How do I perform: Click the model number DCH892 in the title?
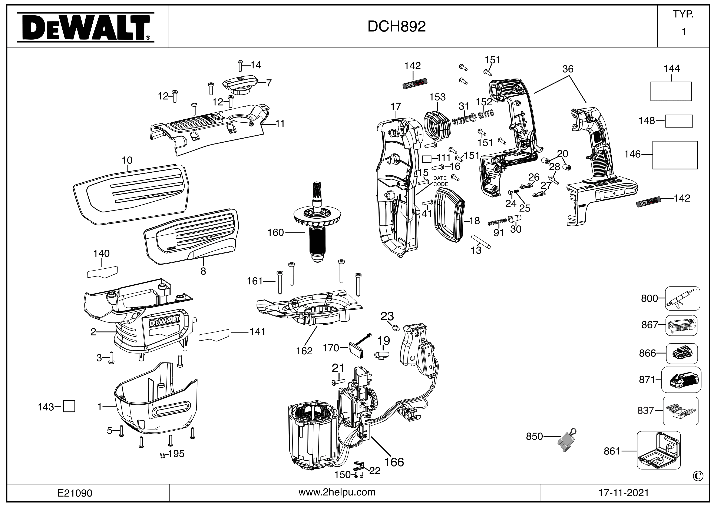pos(397,27)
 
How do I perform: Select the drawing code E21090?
pos(75,493)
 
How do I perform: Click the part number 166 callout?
pos(394,462)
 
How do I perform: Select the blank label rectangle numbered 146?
pos(675,155)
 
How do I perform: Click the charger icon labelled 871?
pos(681,380)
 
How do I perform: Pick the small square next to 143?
pos(69,407)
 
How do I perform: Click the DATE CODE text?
pos(440,181)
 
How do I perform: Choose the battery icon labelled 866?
pos(682,353)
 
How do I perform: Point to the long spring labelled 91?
pos(497,222)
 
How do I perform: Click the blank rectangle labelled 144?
pos(671,92)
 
